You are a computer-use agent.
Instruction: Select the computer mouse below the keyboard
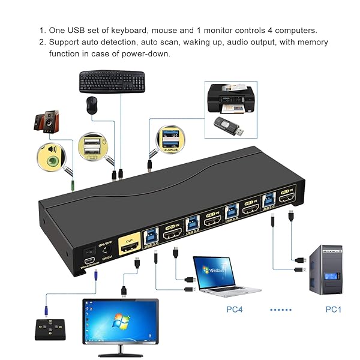(x=91, y=106)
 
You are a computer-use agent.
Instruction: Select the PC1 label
(x=333, y=310)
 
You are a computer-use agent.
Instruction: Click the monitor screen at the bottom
(x=120, y=321)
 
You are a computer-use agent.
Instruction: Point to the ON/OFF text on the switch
(x=106, y=244)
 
